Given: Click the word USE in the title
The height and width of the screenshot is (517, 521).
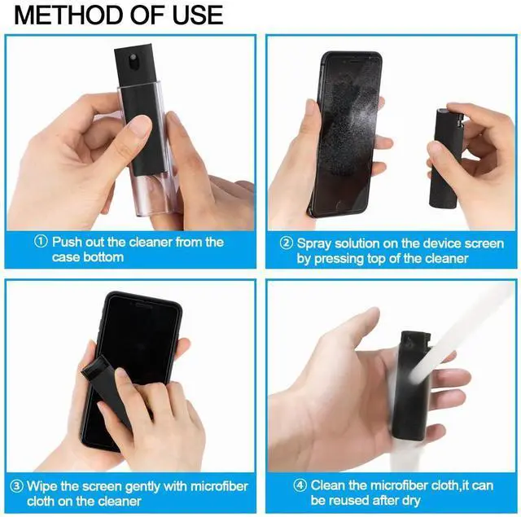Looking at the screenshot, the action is [x=198, y=15].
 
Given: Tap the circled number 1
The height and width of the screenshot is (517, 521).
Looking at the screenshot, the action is [x=41, y=242].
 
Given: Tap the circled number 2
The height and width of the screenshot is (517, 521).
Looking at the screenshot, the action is [x=286, y=243].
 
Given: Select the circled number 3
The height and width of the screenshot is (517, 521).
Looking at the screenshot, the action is [x=16, y=486].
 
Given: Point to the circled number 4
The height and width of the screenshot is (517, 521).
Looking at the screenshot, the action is [x=300, y=485].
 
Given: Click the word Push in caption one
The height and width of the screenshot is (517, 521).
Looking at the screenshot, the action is [x=67, y=242].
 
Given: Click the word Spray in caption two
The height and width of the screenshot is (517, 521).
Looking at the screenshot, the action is [x=314, y=244].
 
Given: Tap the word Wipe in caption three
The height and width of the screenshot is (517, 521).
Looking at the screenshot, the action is [x=42, y=486].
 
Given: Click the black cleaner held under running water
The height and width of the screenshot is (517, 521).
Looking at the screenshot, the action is [x=409, y=385].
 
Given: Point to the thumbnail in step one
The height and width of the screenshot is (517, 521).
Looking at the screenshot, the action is [x=140, y=125].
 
